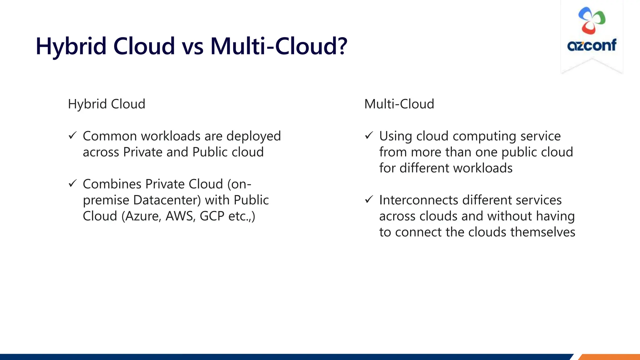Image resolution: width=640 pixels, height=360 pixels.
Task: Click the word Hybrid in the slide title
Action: [x=71, y=46]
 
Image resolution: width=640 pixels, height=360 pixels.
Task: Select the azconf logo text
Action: [x=592, y=45]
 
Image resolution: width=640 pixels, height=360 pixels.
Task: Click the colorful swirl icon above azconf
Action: [x=592, y=21]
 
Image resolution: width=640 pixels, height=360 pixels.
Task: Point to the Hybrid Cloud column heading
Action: [x=107, y=104]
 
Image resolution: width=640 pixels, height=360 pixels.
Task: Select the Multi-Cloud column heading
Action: [x=399, y=104]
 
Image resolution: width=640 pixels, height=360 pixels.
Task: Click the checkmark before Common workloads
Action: [x=72, y=136]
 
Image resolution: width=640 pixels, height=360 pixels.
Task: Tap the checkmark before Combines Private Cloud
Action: [x=72, y=183]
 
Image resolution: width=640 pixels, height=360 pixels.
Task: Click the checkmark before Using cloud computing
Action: [x=369, y=136]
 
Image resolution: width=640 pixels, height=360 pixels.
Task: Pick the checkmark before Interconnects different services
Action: [x=369, y=199]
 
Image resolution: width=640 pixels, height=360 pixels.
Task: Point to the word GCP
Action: [x=212, y=216]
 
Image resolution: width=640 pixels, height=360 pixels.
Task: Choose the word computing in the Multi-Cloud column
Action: [x=484, y=137]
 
